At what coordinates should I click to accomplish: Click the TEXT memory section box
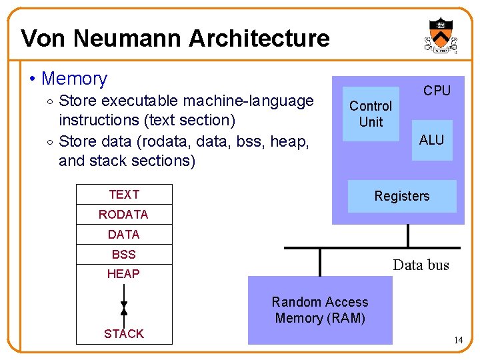coord(124,194)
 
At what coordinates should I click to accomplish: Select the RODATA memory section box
coord(124,214)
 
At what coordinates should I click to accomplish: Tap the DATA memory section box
coord(124,234)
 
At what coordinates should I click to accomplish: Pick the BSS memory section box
coord(124,254)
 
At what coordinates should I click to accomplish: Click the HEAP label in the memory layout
coord(123,273)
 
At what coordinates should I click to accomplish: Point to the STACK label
coord(123,334)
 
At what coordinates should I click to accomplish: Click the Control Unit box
coord(371,114)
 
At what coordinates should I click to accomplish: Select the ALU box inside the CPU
coord(431,140)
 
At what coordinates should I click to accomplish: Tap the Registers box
coord(402,196)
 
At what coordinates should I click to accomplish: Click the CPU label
coord(437,91)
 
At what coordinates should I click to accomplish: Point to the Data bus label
coord(421,265)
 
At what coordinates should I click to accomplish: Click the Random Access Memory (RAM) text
coord(320,310)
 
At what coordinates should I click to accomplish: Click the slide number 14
coord(458,341)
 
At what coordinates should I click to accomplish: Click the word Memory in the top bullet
coord(74,79)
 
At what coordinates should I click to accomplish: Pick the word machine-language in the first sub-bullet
coord(247,101)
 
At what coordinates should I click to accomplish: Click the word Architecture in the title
coord(259,39)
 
